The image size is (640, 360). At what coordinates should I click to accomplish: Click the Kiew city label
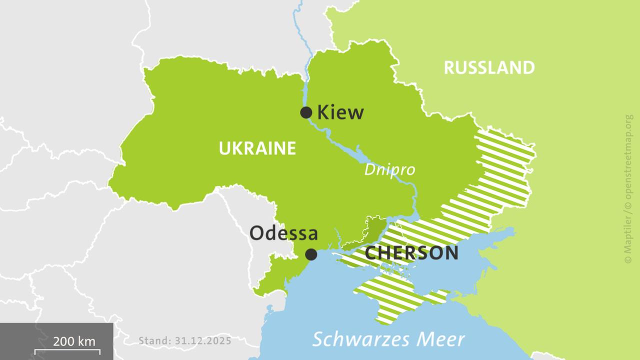click(341, 112)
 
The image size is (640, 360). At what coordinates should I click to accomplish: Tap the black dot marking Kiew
click(306, 112)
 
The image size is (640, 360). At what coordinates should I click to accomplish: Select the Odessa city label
click(283, 233)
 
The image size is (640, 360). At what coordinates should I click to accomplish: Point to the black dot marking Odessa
click(311, 254)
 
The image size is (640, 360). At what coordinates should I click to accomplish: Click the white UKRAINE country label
click(257, 148)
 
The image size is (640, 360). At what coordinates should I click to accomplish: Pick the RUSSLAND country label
click(489, 67)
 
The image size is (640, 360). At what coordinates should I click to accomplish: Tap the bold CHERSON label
click(411, 253)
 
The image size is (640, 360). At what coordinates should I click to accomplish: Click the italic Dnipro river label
click(389, 170)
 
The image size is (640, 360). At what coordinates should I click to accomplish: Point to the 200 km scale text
click(74, 341)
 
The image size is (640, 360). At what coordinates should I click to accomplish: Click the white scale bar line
click(67, 351)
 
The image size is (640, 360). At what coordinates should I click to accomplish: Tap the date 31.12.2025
click(203, 341)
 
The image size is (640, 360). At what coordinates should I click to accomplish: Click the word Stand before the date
click(154, 341)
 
